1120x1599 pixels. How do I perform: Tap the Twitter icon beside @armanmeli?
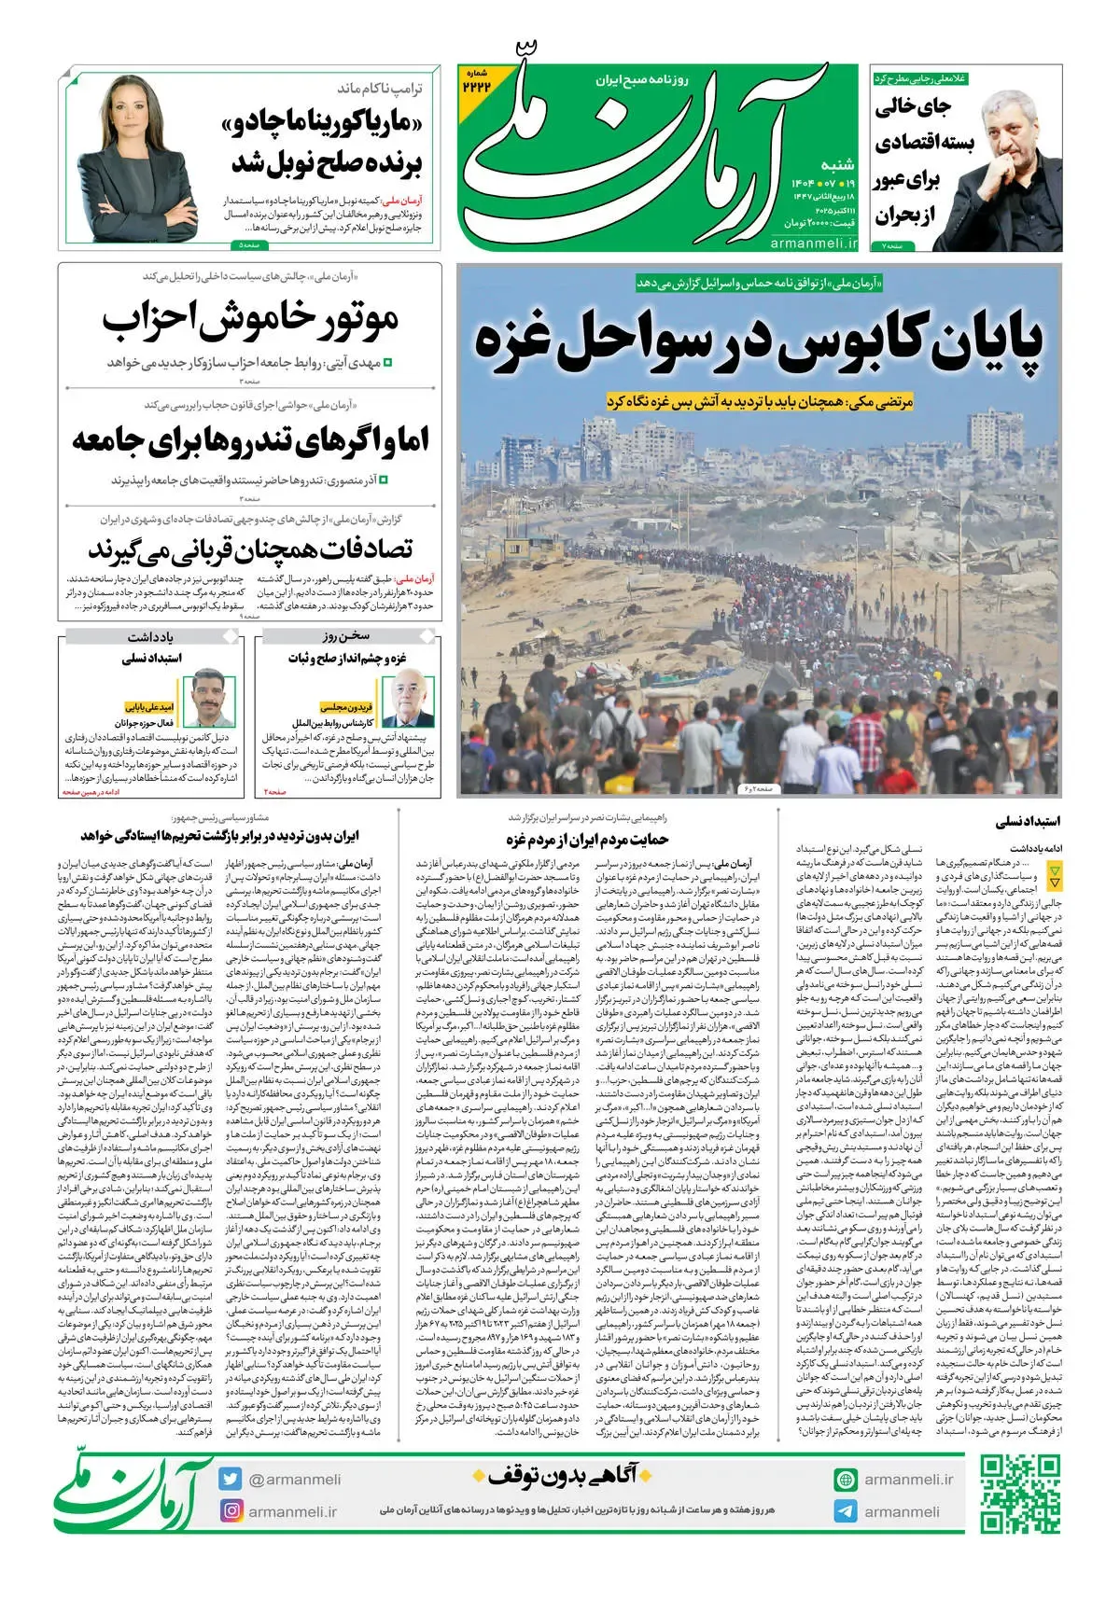[231, 1479]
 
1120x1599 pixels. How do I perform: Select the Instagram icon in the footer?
[231, 1510]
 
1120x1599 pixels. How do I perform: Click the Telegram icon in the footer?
[846, 1511]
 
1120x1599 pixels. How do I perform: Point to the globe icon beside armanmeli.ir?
[846, 1480]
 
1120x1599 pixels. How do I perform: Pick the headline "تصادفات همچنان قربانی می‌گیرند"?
[250, 549]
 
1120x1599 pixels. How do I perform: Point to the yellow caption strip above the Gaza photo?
[759, 401]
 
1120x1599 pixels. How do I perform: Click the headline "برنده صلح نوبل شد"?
[327, 162]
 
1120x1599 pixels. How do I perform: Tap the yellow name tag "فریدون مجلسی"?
[346, 707]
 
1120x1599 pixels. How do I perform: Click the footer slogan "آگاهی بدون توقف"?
[554, 1476]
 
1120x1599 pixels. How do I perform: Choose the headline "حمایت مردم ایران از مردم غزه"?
[587, 840]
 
